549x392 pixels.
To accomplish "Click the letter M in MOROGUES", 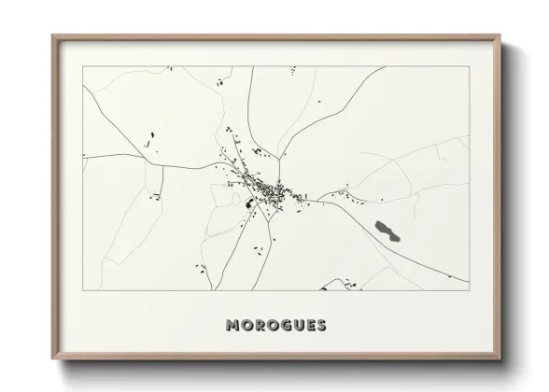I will point(232,326).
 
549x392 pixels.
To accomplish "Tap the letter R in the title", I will point(260,326).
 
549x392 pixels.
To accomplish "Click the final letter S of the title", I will point(322,326).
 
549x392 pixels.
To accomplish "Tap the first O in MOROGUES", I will point(246,326).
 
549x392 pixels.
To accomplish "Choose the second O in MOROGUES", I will point(274,326).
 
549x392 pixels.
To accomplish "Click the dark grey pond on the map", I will point(386,230).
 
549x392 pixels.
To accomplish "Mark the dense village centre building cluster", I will point(271,190).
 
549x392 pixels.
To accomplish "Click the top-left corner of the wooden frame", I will point(53,36).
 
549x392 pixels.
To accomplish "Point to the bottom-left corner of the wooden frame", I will point(53,359).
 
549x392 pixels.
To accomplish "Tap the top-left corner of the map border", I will point(83,66).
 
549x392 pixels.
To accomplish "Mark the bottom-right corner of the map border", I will point(469,291).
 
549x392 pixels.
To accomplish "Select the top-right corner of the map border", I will point(469,66).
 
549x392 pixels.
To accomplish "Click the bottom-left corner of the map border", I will point(83,291).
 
